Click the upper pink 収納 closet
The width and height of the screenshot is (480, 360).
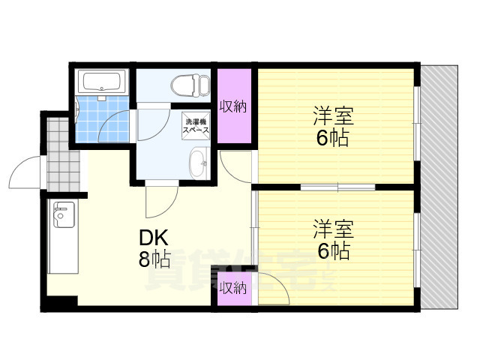tap(233, 106)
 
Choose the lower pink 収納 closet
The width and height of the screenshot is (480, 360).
tap(233, 286)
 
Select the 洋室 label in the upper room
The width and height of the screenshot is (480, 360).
tap(333, 116)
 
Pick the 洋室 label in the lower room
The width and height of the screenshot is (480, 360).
tap(333, 227)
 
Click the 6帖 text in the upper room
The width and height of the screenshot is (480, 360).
tap(333, 139)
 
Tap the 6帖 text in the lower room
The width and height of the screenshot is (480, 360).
tap(333, 250)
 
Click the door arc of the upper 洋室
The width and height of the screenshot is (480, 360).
tap(237, 165)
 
